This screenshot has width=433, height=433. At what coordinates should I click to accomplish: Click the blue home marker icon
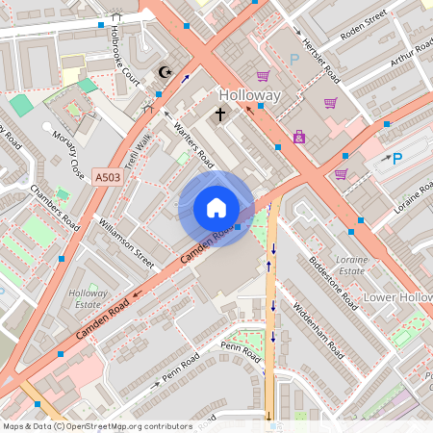[216, 208]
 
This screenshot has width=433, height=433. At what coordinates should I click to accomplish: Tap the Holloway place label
[249, 96]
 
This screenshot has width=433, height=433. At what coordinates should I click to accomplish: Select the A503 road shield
[108, 176]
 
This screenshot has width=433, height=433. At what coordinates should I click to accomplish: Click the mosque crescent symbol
[163, 73]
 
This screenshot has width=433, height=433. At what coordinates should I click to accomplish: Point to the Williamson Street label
[126, 242]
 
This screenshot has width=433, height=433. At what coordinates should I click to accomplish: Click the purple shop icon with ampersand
[298, 139]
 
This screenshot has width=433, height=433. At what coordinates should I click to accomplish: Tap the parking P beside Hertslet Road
[294, 59]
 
